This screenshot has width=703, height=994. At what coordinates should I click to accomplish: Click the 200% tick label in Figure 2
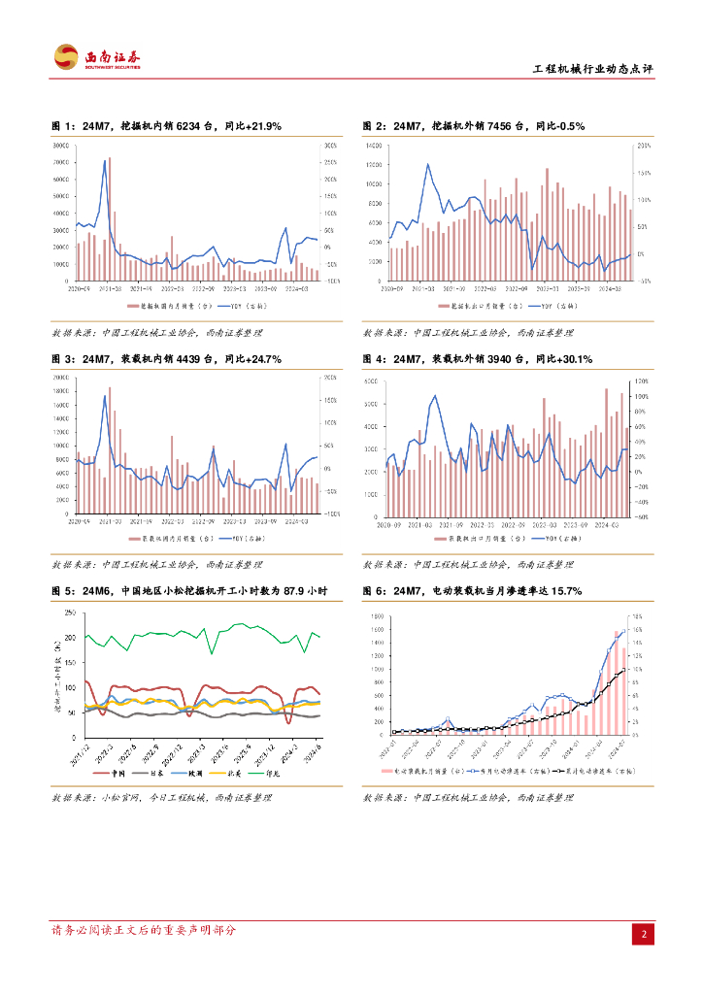(x=642, y=146)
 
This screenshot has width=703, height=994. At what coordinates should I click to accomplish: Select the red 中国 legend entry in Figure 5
(x=110, y=773)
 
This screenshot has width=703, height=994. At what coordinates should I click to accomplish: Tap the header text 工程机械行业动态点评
(x=593, y=69)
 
